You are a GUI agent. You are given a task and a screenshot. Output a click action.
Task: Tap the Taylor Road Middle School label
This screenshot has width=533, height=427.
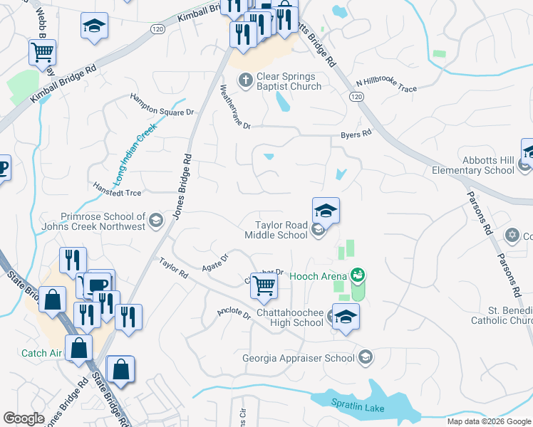click(276, 228)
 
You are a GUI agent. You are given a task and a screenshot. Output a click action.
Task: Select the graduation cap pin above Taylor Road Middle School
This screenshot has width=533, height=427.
click(326, 211)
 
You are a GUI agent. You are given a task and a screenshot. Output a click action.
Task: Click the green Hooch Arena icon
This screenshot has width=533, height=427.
click(358, 275)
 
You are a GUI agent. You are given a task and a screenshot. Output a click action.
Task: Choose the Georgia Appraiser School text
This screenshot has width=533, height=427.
click(299, 357)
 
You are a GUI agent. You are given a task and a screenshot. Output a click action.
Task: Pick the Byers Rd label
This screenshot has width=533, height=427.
click(356, 134)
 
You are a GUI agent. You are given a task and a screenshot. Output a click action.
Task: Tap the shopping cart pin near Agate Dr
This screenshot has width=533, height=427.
click(264, 285)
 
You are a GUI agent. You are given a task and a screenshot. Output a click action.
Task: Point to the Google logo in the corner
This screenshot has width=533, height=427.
click(24, 418)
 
